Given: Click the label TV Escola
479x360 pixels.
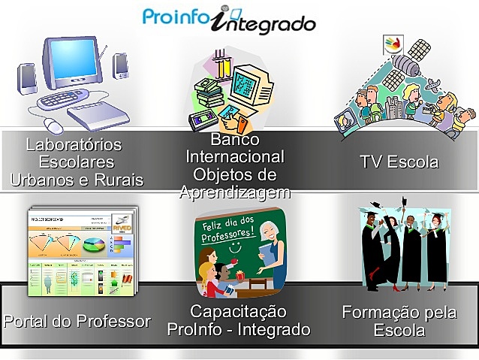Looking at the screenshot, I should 399,162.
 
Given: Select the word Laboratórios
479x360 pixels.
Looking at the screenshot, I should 74,144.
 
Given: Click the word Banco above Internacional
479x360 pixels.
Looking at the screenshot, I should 234,140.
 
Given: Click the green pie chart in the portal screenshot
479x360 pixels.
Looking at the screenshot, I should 94,245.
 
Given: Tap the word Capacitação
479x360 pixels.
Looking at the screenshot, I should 238,312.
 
